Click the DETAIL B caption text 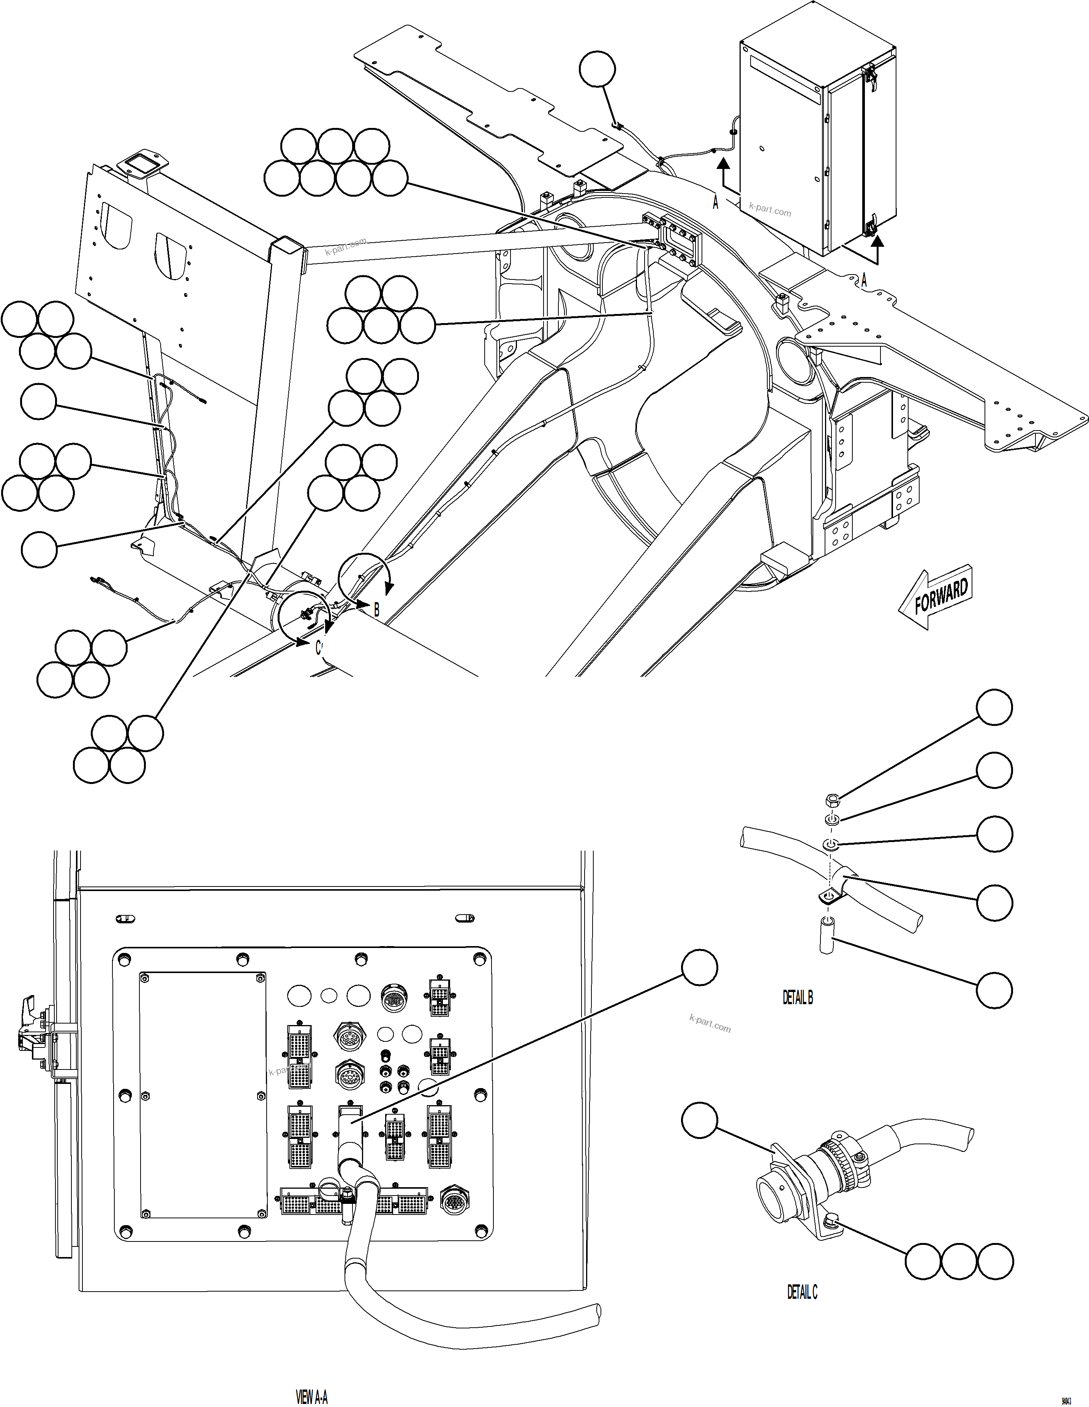[798, 998]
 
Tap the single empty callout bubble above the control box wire [597, 69]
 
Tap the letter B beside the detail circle [377, 609]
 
